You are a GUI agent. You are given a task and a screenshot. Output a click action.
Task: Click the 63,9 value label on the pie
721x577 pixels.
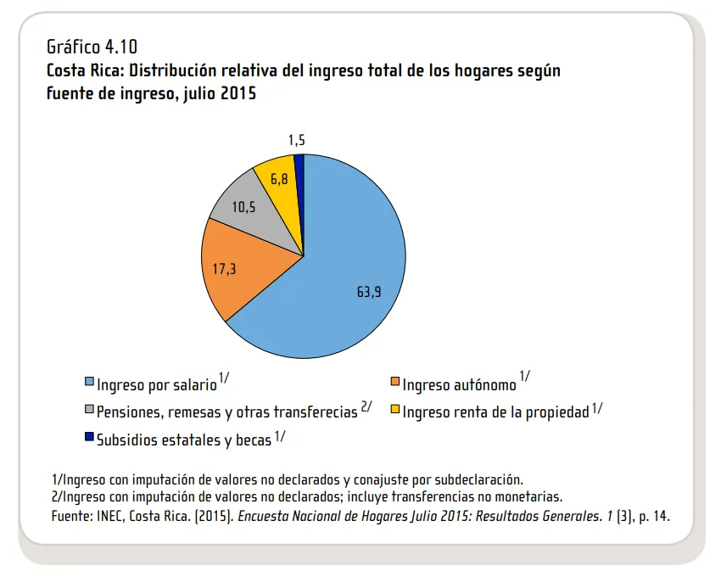pos(369,292)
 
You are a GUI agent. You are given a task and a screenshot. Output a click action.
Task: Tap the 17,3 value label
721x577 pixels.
pos(225,268)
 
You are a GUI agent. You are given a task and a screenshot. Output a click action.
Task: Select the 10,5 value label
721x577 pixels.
pos(243,206)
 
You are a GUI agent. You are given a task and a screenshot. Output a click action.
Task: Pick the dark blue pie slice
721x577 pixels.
pos(299,163)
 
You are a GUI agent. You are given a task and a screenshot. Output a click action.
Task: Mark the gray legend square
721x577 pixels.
pos(89,411)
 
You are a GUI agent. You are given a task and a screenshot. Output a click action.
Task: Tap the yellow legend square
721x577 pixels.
pos(394,411)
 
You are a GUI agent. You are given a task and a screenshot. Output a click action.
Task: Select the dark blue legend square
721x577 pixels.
pos(89,438)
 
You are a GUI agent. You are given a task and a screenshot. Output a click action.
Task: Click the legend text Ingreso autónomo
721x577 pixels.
pos(459,385)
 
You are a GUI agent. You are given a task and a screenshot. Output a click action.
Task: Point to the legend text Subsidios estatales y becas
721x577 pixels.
pos(184,440)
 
